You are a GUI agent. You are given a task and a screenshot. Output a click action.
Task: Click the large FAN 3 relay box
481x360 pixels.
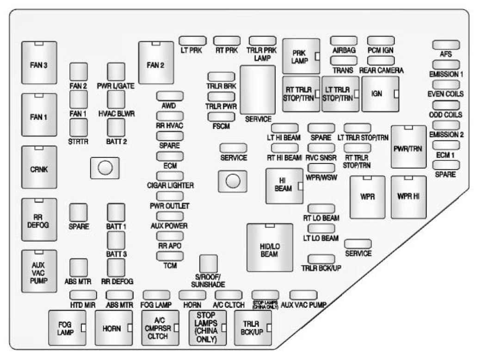coord(39,64)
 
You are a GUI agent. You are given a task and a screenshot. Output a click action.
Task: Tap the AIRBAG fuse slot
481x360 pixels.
coord(343,40)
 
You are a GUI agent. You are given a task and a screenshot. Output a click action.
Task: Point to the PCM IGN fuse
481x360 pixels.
coord(380,40)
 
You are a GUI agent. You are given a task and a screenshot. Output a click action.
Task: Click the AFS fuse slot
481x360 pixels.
coord(446,44)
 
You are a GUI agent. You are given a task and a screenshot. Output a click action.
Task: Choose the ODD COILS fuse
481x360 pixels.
coord(446,105)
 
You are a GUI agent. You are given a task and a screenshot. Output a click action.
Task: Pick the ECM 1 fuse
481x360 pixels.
coord(446,145)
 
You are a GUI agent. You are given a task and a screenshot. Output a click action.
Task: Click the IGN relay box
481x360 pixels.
coord(380,94)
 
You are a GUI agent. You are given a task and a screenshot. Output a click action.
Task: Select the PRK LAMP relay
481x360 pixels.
coord(301,56)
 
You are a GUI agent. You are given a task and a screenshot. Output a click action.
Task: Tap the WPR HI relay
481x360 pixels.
coord(408,196)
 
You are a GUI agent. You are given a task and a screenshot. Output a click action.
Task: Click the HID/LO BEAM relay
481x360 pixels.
coord(270,247)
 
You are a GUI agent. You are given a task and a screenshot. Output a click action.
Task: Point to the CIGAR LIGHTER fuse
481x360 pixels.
coord(170,176)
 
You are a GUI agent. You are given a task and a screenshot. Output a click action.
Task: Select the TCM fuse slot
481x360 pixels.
coord(170,256)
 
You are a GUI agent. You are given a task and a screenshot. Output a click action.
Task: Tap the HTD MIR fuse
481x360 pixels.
coord(83,295)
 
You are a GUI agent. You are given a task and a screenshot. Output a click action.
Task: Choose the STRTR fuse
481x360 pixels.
coord(78,127)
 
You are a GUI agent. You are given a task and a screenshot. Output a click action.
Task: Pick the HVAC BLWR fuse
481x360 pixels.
coord(116,99)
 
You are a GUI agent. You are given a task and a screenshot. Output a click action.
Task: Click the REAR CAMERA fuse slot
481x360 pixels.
coord(380,61)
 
